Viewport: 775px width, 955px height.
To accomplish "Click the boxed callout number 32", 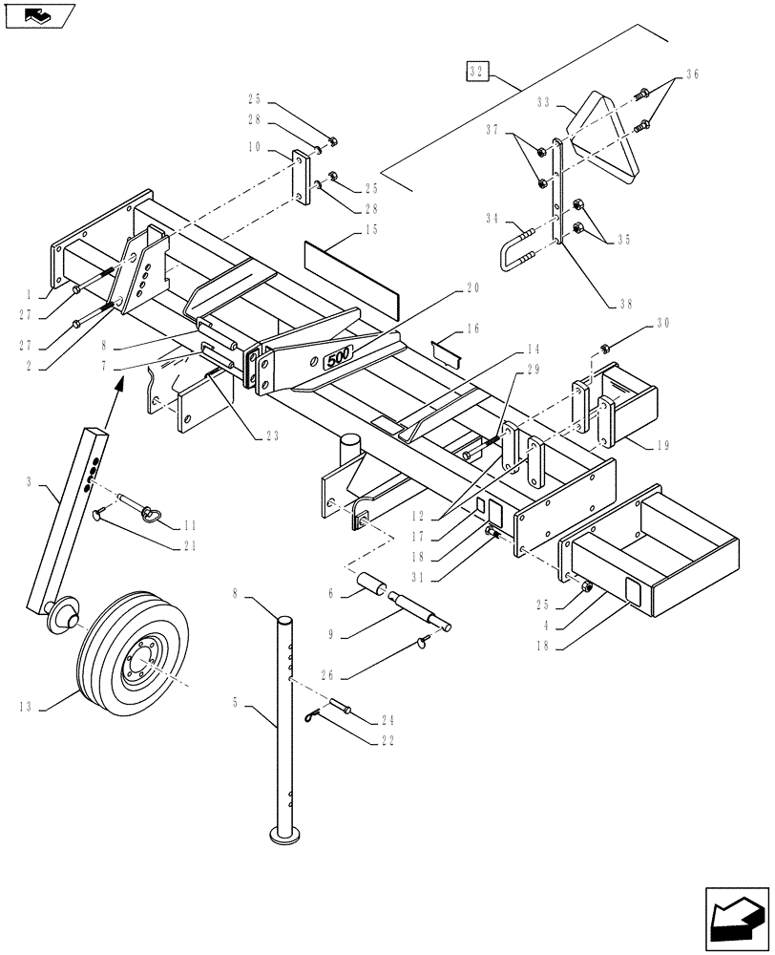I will pos(477,70).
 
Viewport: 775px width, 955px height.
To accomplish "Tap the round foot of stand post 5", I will pos(283,837).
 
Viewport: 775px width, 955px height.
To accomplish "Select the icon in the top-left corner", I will pos(37,15).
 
